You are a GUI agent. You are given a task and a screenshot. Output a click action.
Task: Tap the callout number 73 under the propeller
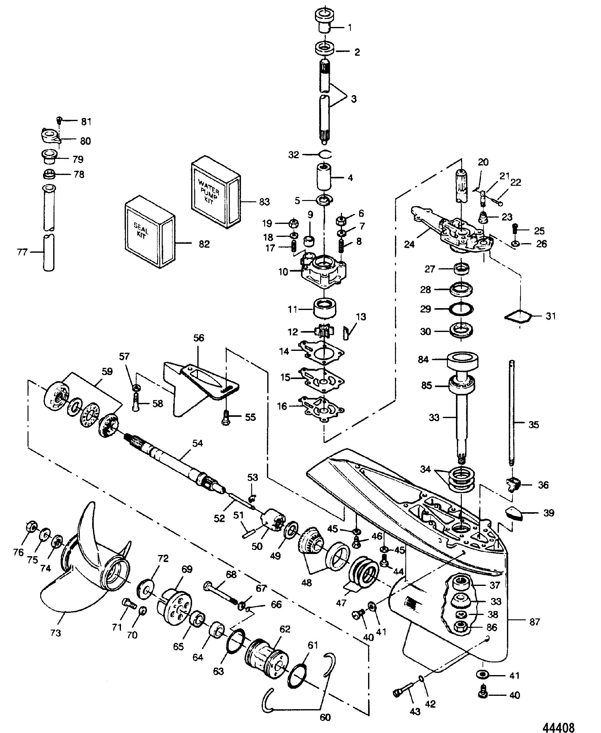point(56,633)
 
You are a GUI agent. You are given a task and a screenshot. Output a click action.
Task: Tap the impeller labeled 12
point(323,331)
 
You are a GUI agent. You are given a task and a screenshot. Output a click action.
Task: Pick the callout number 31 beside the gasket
point(551,316)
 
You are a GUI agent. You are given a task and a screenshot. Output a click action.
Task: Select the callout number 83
point(264,202)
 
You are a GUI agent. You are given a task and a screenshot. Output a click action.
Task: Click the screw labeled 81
point(59,120)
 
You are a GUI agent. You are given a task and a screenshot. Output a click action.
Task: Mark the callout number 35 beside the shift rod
point(534,425)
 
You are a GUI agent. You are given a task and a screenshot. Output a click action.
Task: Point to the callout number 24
point(409,244)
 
